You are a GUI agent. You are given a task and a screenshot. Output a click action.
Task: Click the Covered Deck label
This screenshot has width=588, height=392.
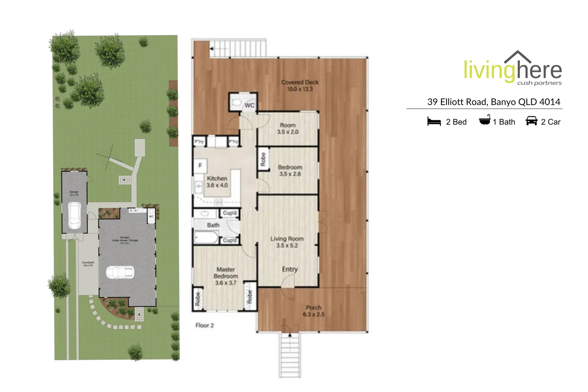point(300,86)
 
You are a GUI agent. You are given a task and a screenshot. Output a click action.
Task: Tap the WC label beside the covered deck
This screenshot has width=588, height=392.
point(250,106)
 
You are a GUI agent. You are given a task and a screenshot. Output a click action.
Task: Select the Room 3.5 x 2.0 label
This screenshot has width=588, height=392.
point(288,128)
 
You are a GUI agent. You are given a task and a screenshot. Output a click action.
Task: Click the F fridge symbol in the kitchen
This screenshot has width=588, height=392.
point(200,166)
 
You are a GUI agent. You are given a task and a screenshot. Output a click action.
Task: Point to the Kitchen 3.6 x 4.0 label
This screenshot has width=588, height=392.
point(217,182)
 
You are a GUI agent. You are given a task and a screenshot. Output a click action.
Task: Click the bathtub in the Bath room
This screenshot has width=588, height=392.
point(206,238)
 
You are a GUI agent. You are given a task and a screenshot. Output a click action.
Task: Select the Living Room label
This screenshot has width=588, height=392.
point(287,242)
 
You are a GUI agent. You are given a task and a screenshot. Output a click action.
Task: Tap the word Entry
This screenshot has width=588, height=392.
point(290,269)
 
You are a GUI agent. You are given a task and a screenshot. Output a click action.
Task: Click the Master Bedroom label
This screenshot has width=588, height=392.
point(226,276)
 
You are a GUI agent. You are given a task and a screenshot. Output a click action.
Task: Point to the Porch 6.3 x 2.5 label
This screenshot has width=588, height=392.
point(313,311)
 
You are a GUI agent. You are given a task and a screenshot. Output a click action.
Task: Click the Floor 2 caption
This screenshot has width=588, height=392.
point(205,326)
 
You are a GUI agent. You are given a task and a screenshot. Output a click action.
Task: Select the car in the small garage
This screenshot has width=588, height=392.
point(74,215)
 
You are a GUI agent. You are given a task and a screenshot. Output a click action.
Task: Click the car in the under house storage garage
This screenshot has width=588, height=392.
point(120,272)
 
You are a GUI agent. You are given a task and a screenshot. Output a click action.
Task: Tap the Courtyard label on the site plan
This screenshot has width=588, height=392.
point(88,264)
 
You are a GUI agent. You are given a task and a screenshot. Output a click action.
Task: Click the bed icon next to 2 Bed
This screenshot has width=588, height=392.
point(434,122)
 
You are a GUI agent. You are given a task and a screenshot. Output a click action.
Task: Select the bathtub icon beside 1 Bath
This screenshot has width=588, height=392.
point(485,120)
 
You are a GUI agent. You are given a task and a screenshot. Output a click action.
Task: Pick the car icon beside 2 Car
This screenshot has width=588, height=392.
point(531,121)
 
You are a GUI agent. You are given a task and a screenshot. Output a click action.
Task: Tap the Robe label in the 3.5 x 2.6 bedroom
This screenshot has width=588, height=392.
point(263,159)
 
